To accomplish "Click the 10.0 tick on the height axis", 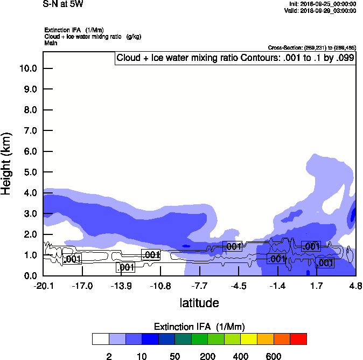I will [x=27, y=68].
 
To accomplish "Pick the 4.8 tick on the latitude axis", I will [x=355, y=285].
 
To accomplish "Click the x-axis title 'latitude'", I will [x=199, y=303].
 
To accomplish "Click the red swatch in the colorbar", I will [x=298, y=338].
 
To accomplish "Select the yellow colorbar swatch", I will [x=249, y=338].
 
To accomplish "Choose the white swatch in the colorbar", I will [x=101, y=338].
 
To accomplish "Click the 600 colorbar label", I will [x=274, y=356].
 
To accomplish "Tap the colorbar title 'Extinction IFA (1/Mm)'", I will [x=199, y=327].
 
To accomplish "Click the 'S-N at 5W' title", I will [x=62, y=4].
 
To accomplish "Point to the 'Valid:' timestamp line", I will [x=320, y=11].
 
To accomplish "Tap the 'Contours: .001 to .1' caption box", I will [x=235, y=58].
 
